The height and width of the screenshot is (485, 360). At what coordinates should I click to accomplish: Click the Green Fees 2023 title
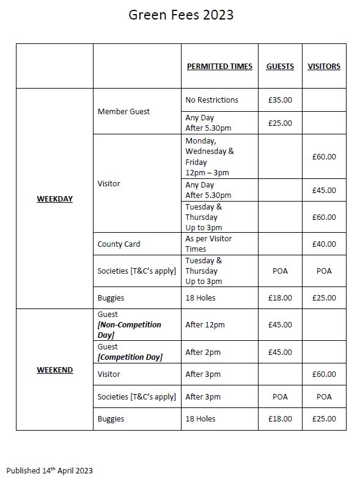click(181, 15)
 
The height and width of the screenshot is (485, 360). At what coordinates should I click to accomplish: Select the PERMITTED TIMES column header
click(219, 67)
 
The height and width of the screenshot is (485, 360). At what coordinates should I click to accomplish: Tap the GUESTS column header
click(280, 67)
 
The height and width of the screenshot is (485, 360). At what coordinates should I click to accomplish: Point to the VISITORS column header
click(324, 67)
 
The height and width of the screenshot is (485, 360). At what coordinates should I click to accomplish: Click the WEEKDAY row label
click(54, 199)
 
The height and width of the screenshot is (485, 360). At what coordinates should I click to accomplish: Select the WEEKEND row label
click(54, 370)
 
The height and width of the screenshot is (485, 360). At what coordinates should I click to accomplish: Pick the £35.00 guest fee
click(280, 100)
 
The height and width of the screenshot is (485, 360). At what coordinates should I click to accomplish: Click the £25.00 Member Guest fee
click(280, 123)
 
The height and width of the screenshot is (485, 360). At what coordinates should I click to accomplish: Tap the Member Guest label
click(123, 112)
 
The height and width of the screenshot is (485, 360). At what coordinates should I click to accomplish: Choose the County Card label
click(119, 244)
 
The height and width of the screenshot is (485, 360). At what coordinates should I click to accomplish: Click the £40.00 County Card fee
click(324, 244)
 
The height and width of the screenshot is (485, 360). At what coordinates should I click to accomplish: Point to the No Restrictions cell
click(211, 100)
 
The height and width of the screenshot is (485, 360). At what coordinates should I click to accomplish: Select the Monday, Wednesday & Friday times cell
click(210, 157)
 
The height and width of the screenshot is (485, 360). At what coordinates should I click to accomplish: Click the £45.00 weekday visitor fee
click(324, 191)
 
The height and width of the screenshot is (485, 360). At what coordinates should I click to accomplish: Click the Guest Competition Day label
click(130, 352)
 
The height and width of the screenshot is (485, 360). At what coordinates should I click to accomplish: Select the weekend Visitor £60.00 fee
click(324, 374)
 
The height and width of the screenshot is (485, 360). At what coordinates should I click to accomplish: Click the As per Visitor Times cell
click(208, 244)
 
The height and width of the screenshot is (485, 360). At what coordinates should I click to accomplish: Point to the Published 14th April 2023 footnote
click(50, 471)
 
